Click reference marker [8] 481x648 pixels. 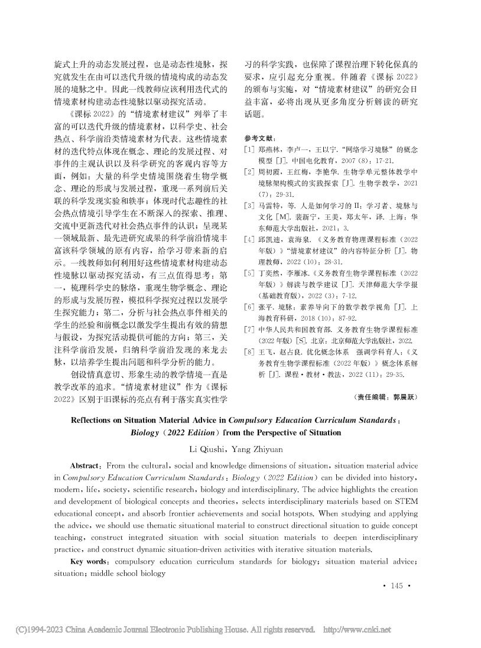(249, 353)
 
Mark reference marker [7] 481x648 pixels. (249, 330)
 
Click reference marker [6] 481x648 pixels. (249, 308)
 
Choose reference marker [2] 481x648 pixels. (249, 172)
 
